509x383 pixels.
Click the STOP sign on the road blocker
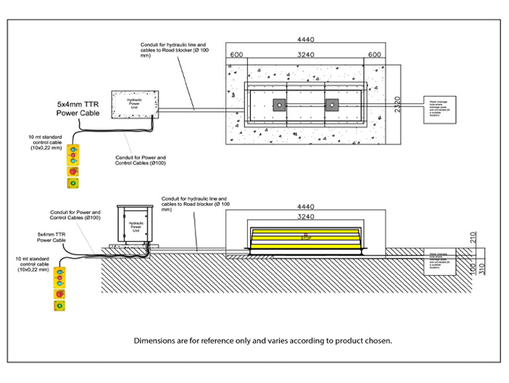(305, 236)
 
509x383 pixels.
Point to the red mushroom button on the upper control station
(73, 173)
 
